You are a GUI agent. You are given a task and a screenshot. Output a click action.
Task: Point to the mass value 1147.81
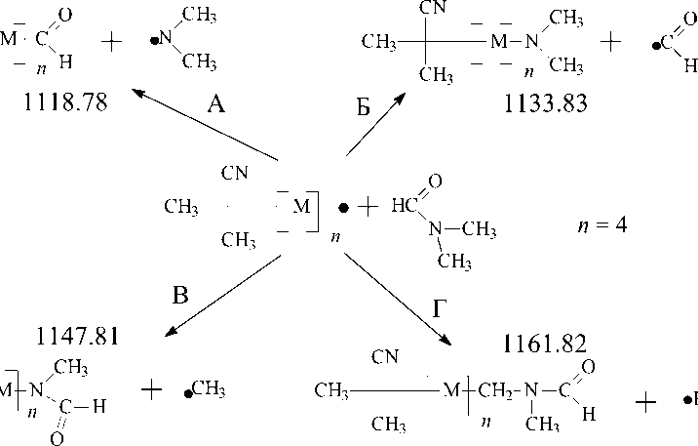pyautogui.click(x=78, y=337)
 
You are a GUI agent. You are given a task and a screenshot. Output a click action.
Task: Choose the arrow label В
pyautogui.click(x=180, y=296)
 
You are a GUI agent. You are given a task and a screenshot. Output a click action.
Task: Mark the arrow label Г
pyautogui.click(x=441, y=308)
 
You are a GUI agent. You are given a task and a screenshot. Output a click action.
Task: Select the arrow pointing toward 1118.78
pyautogui.click(x=205, y=124)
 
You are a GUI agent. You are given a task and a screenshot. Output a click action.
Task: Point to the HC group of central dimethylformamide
pyautogui.click(x=407, y=206)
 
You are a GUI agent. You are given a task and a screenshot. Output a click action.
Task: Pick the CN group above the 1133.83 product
pyautogui.click(x=429, y=8)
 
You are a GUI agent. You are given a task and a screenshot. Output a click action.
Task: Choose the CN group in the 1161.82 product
pyautogui.click(x=385, y=357)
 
